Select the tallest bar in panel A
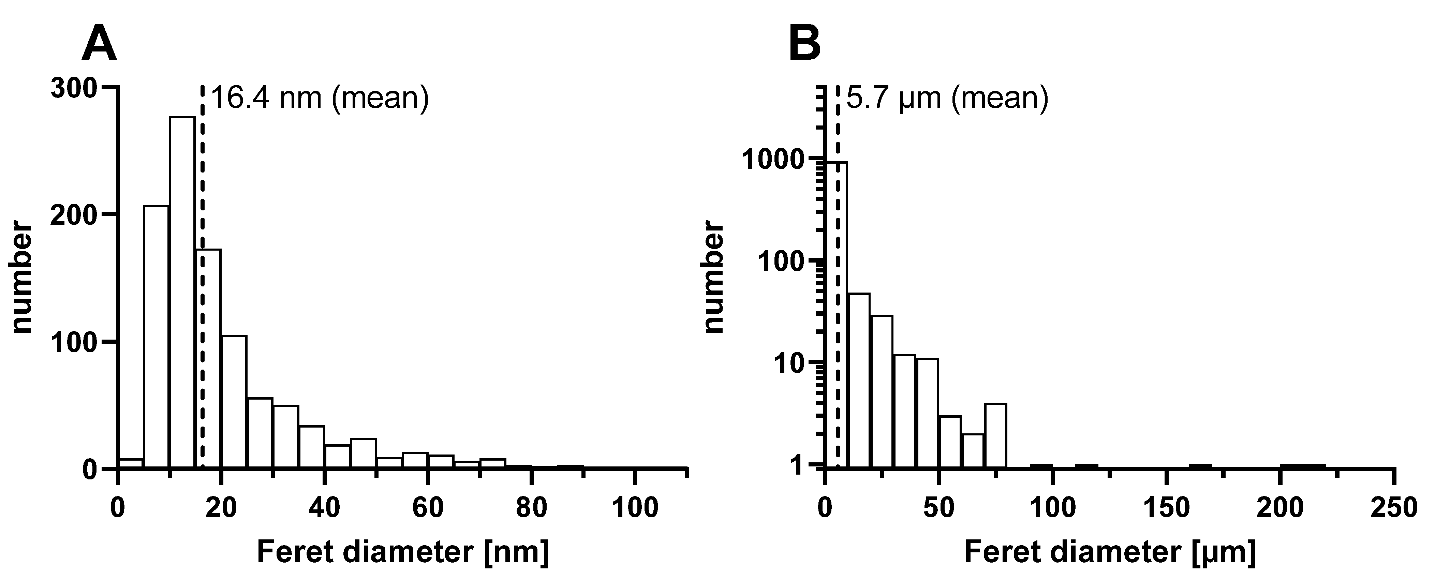182,293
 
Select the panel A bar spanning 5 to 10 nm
156,337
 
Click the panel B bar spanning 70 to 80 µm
995,434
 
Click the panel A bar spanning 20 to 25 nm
233,401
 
